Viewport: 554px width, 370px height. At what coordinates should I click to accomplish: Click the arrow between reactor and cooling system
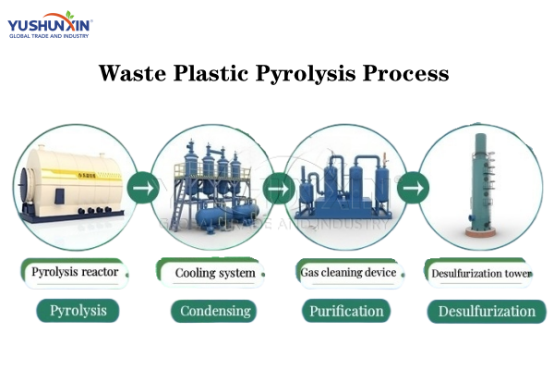point(141,189)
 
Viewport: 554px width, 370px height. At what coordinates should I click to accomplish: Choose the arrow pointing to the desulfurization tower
point(413,189)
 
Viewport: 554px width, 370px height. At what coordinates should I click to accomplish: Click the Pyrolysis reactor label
point(75,273)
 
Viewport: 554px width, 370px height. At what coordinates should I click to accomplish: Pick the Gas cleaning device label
point(348,273)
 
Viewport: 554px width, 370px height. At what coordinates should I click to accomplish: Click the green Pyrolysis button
point(78,311)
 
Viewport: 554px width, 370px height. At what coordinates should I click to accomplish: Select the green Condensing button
point(216,311)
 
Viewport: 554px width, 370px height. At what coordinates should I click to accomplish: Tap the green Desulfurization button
point(486,311)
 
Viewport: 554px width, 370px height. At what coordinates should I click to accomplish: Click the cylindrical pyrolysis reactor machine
point(72,185)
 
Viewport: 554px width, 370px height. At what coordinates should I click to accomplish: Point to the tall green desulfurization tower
point(480,185)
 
